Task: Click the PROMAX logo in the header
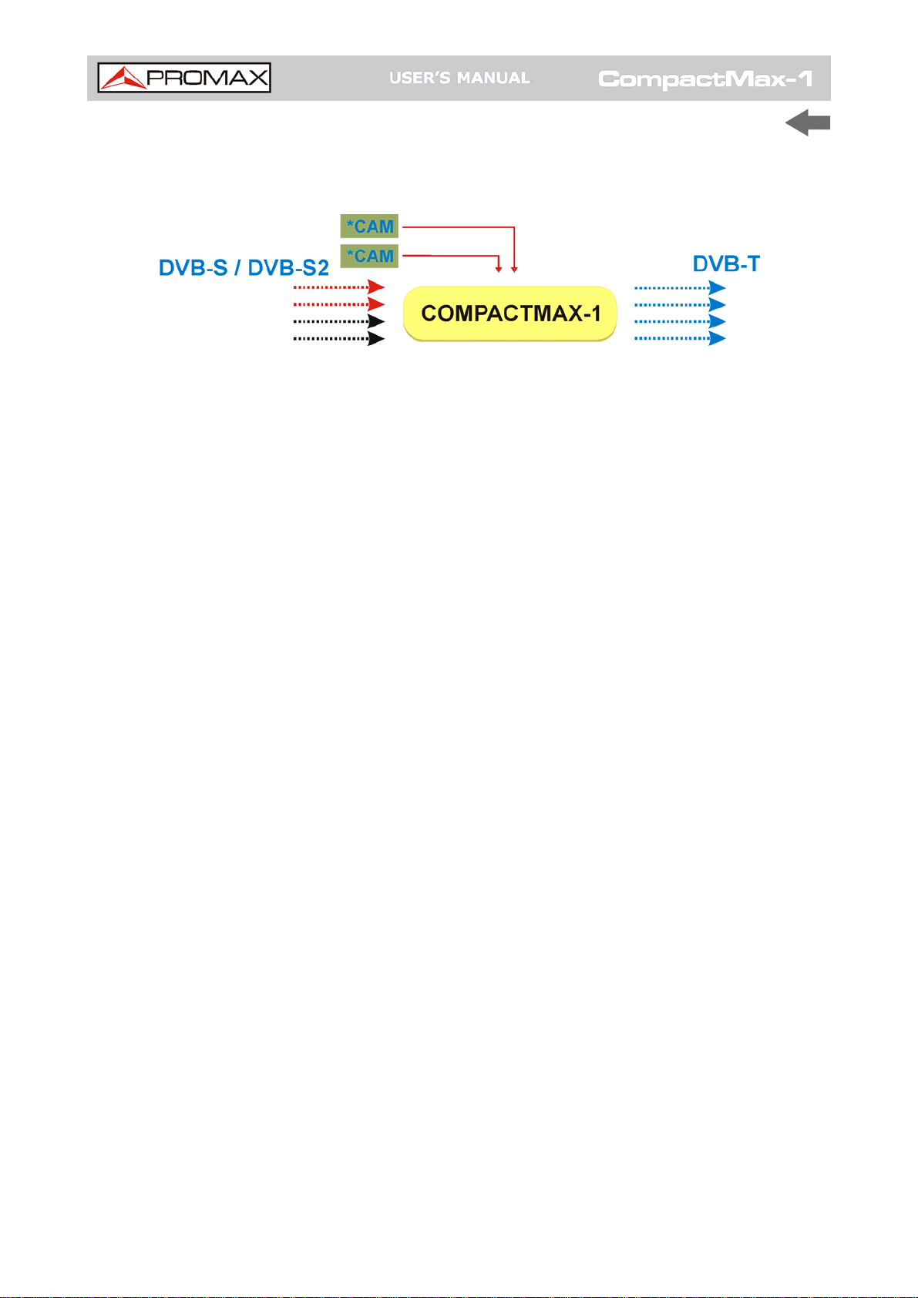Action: (184, 78)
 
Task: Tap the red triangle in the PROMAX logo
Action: (123, 79)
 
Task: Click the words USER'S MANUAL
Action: (459, 78)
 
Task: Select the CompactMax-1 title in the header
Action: (705, 79)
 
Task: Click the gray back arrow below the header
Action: (807, 123)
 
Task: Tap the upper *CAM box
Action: (369, 226)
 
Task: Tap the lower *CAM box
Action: (369, 256)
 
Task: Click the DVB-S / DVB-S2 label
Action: (244, 267)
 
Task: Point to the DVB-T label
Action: (726, 264)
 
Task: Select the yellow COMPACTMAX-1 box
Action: (510, 314)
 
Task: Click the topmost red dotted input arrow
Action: (338, 287)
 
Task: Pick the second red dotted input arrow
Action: (338, 304)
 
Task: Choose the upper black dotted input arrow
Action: (338, 321)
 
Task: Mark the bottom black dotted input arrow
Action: (338, 338)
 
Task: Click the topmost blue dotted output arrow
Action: (679, 288)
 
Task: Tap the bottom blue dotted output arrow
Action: (679, 338)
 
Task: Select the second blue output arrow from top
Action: (679, 305)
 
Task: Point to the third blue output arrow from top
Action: (679, 321)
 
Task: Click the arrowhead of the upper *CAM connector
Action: (514, 269)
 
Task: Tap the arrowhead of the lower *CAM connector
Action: (499, 269)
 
